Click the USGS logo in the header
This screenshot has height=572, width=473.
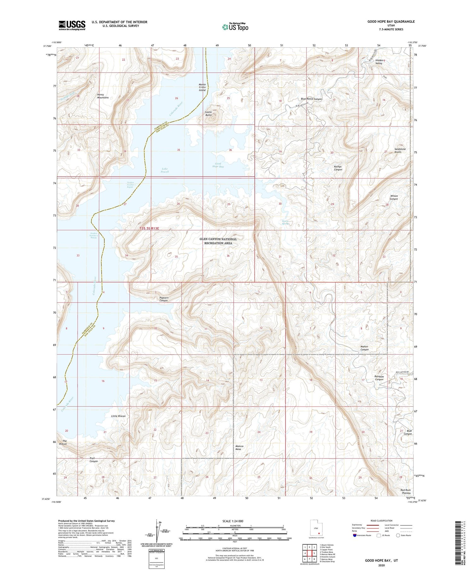tap(72, 25)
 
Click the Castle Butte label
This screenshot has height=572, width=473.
tap(208, 114)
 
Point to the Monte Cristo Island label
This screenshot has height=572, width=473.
tap(202, 87)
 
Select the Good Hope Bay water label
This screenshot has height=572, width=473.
tap(218, 165)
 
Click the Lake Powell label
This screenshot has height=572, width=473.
tap(165, 170)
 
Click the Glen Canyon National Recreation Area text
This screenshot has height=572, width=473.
tap(218, 241)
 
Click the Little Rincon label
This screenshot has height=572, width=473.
tap(118, 416)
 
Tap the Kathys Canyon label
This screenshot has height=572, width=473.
tap(338, 168)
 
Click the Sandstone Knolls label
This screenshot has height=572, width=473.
tap(400, 150)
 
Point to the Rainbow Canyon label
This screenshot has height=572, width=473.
tap(379, 378)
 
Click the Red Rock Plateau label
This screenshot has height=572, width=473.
tap(406, 492)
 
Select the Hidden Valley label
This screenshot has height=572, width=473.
tap(380, 62)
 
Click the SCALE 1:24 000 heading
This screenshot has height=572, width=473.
tap(235, 521)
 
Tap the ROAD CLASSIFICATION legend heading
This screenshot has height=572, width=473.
tap(382, 521)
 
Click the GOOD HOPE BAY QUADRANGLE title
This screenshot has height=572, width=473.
tap(391, 21)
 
